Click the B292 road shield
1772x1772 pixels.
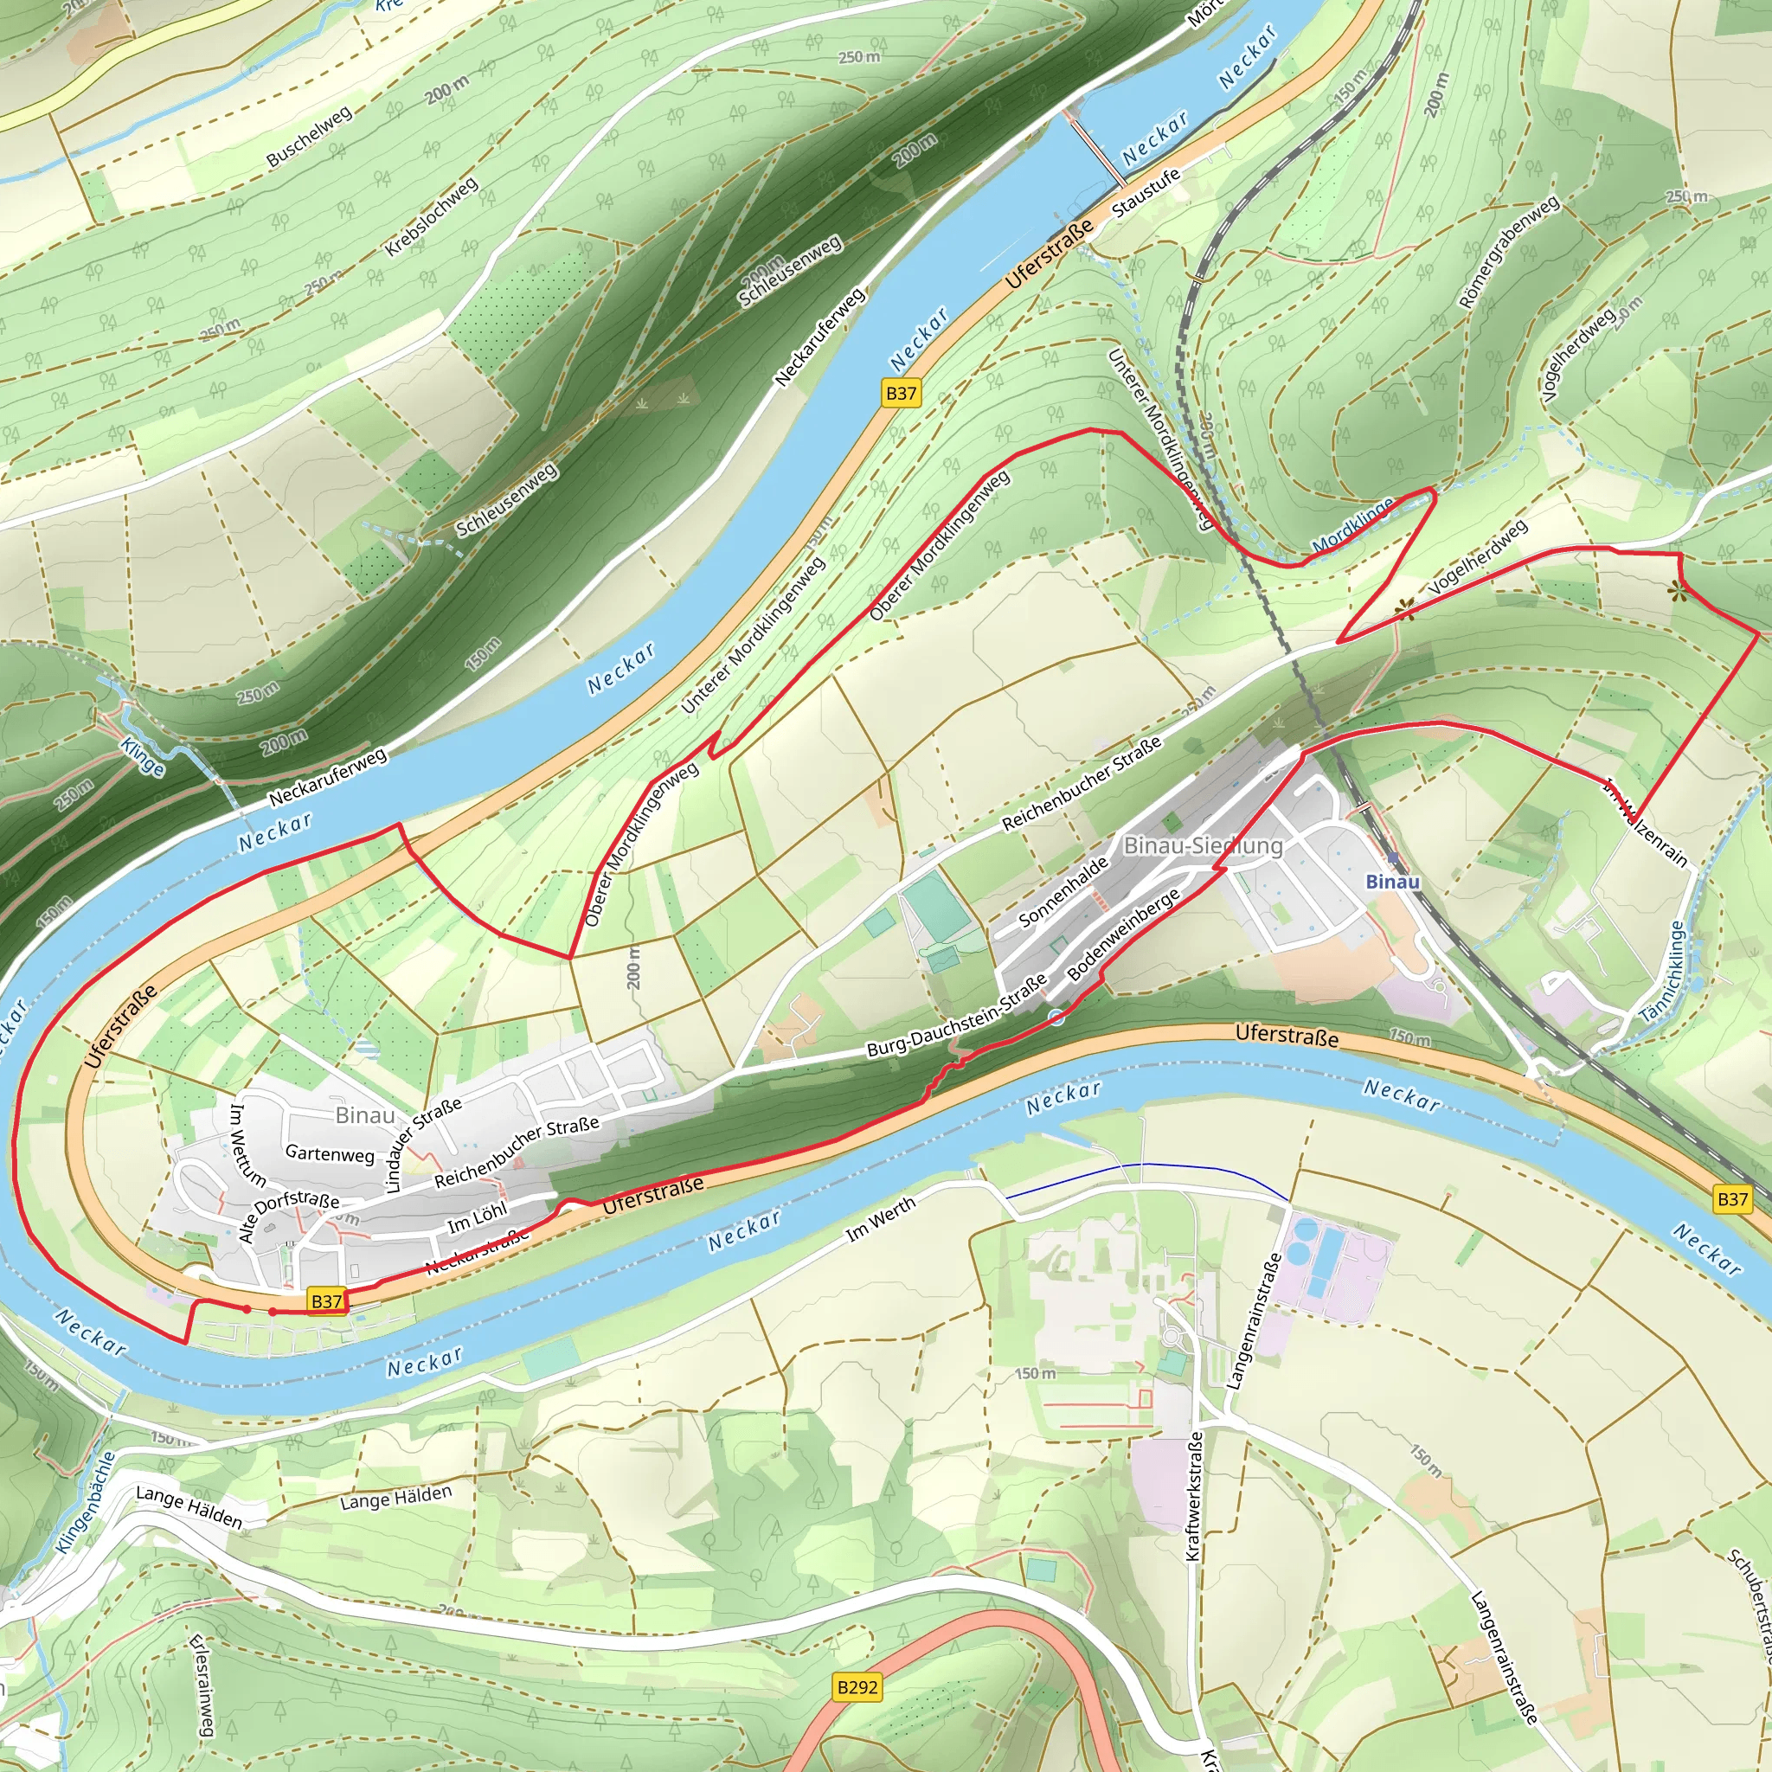[x=857, y=1686]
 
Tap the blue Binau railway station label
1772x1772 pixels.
[x=1392, y=883]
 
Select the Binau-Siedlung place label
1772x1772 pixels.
[x=1203, y=845]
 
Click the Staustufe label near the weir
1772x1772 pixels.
[x=1146, y=194]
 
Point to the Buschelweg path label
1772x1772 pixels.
[x=309, y=138]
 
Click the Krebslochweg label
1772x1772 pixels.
[x=431, y=216]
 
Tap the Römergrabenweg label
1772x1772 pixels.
[x=1508, y=253]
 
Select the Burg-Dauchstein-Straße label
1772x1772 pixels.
[x=957, y=1015]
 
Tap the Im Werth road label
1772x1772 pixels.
[x=881, y=1220]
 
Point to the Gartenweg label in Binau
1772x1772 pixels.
[x=331, y=1154]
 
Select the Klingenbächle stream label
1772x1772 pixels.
[x=85, y=1503]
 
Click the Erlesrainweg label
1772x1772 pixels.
[x=202, y=1685]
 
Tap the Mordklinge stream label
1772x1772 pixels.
[x=1352, y=525]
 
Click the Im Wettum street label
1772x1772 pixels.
[x=247, y=1146]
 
